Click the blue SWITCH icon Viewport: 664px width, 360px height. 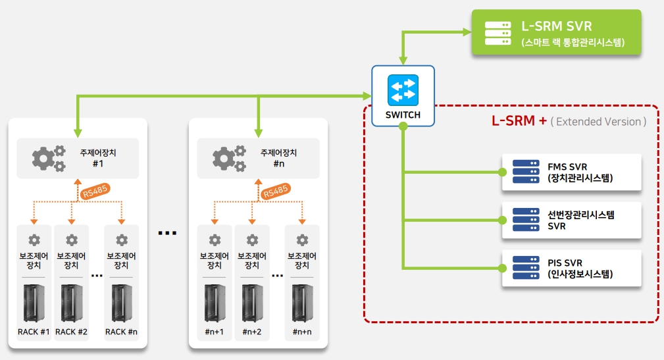coord(403,90)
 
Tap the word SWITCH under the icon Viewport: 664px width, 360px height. coord(403,115)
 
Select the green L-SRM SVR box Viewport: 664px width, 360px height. coord(556,32)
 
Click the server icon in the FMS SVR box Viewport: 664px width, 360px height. coord(525,172)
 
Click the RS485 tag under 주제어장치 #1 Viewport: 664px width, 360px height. coord(94,192)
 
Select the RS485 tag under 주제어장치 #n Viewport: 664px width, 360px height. coord(274,192)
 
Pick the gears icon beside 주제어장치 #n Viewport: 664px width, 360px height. coord(229,158)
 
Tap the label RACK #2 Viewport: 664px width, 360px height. coord(71,332)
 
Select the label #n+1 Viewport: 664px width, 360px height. coord(215,332)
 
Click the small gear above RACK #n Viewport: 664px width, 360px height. coord(121,240)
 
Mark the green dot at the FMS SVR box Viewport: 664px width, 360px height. coord(503,172)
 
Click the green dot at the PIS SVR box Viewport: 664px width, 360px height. coord(503,268)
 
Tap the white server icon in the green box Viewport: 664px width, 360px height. coord(498,32)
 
